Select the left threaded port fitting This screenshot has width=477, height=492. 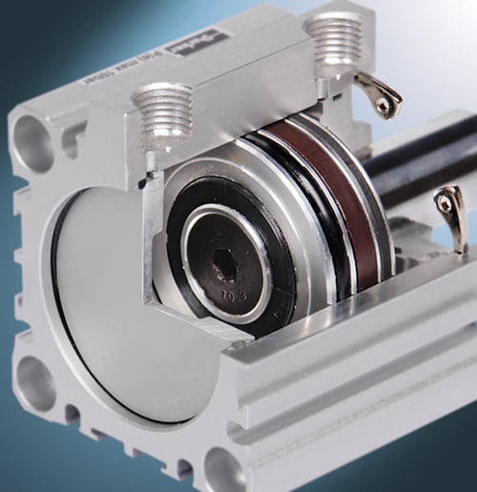[x=163, y=113]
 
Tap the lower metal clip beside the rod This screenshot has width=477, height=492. [x=450, y=212]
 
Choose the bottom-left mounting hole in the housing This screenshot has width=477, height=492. [x=34, y=381]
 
